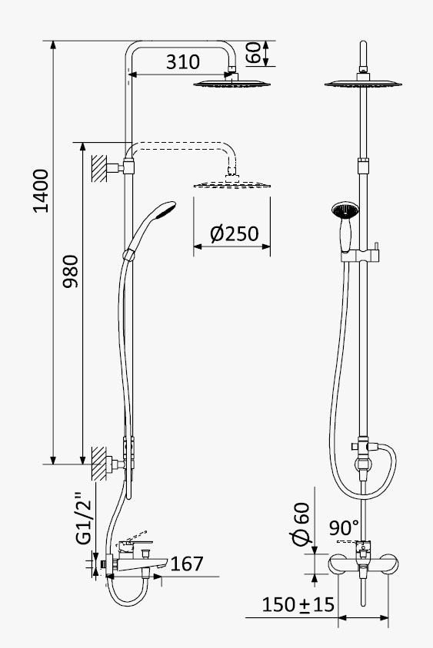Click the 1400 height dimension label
[x=41, y=190]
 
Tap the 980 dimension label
[x=71, y=272]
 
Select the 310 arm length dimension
[x=182, y=61]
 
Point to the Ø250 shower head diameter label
[x=234, y=233]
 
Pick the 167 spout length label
[x=187, y=564]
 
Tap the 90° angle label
[x=344, y=527]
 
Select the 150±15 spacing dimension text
[x=298, y=604]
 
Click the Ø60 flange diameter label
[x=301, y=524]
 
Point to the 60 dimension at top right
[x=254, y=52]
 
